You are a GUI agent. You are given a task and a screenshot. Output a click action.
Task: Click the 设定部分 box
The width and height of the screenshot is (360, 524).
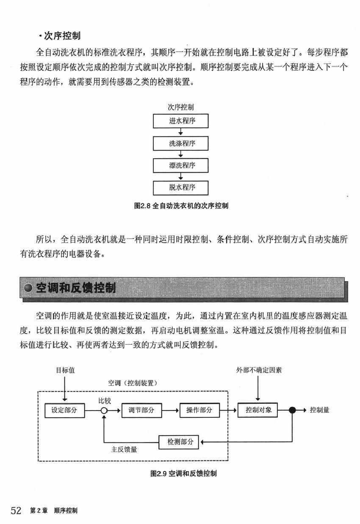click(x=64, y=410)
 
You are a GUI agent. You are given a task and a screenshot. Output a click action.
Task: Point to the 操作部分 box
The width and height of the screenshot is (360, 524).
click(x=199, y=410)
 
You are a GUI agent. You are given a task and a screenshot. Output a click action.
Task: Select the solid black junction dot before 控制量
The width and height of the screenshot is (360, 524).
click(x=292, y=410)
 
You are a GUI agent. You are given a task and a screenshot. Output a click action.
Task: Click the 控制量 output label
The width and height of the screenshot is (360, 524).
click(x=320, y=410)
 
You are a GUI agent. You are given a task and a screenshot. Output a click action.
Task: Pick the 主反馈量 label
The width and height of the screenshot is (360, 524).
click(x=124, y=450)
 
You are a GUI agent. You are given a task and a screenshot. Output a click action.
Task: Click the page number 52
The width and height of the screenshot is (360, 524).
click(x=16, y=510)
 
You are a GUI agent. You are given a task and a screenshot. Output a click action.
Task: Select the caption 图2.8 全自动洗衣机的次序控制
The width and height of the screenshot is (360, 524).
click(x=181, y=206)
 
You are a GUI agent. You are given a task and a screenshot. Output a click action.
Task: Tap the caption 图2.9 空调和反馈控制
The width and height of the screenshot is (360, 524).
click(x=184, y=473)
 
